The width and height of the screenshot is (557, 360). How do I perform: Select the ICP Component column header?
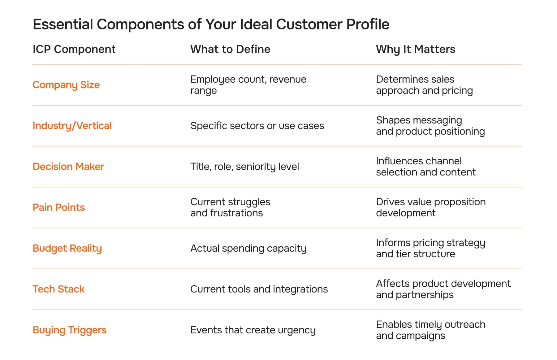tap(74, 49)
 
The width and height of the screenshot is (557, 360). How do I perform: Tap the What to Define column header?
tap(230, 49)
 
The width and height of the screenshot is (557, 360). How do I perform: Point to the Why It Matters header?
tap(416, 49)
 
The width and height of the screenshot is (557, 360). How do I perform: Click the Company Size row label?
tap(66, 85)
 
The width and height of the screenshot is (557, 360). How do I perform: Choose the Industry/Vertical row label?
tap(72, 126)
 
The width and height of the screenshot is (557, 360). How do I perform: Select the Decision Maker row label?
tap(68, 167)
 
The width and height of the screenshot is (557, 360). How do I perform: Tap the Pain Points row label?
tap(59, 207)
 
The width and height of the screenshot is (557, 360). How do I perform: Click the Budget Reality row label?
tap(67, 248)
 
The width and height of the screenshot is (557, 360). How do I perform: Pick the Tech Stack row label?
tap(58, 289)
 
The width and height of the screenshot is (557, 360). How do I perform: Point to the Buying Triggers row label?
tap(69, 330)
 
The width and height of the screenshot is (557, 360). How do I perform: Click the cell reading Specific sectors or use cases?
tap(257, 126)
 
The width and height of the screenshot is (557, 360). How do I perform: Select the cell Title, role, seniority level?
tap(244, 167)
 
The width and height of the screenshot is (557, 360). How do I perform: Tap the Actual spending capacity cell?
tap(248, 248)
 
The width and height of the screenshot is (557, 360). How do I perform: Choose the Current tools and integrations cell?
tap(259, 289)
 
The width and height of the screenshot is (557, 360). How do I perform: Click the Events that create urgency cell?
tap(253, 330)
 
